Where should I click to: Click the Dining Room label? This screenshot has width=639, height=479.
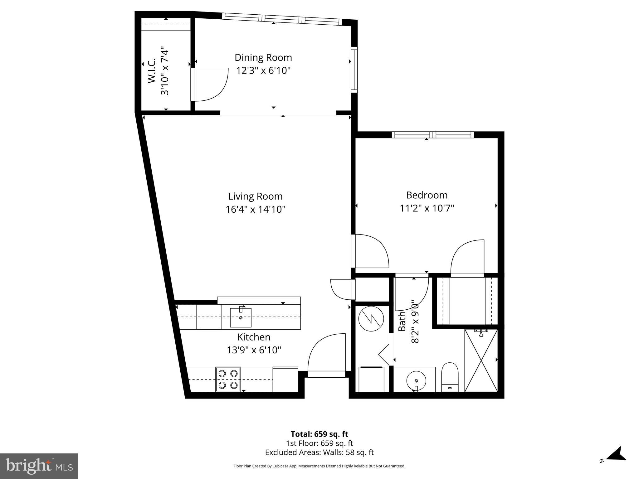[x=263, y=58]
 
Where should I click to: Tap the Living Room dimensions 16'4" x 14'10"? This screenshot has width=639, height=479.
[x=256, y=209]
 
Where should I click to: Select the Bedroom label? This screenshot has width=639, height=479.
[x=427, y=195]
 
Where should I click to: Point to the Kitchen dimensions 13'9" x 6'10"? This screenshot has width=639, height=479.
[x=254, y=350]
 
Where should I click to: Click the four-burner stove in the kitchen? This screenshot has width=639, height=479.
[x=228, y=379]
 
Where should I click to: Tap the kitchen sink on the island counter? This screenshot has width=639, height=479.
[x=241, y=317]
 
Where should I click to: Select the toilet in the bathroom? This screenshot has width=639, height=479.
[x=450, y=377]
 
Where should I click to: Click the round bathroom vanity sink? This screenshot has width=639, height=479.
[x=416, y=381]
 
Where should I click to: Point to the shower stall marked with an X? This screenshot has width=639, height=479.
[x=481, y=360]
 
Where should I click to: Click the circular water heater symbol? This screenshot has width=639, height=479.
[x=371, y=319]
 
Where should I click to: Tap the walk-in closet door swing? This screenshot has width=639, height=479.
[x=209, y=84]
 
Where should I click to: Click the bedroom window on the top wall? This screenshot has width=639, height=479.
[x=432, y=135]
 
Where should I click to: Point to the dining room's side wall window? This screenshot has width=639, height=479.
[x=354, y=70]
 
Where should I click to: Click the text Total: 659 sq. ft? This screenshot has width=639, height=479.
[x=319, y=434]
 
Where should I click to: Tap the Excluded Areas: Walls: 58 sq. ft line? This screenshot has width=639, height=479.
[x=319, y=452]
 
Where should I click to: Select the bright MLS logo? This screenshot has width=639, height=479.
[x=39, y=466]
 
